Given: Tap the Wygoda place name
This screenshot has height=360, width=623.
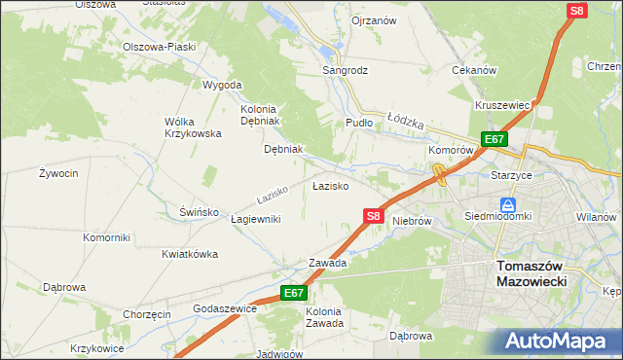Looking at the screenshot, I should (222, 85).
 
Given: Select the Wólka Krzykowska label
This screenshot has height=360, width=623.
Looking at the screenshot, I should (193, 126).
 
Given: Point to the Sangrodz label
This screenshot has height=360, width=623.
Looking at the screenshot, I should (345, 71).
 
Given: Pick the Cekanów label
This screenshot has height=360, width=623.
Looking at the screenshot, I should (475, 70).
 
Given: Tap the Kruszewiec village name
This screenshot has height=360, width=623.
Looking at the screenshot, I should (501, 105).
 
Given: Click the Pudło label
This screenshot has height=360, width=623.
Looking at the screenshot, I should (359, 123).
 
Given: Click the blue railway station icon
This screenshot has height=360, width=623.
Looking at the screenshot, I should (507, 205).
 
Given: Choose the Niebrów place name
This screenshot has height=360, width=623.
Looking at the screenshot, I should (412, 221).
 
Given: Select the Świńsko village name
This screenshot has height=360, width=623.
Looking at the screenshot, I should (198, 211).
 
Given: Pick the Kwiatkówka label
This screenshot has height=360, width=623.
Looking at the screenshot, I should (190, 254).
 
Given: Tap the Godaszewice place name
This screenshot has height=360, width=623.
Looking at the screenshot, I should (225, 308).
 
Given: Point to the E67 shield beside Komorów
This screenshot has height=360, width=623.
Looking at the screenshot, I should (494, 139).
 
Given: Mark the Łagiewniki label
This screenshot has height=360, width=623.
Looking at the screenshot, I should (256, 219).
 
